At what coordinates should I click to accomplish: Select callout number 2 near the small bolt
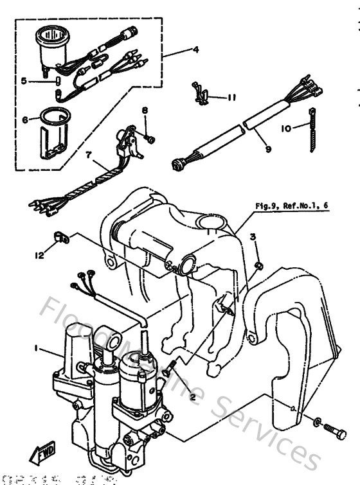click(191, 396)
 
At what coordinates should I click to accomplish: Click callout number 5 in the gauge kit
click(24, 81)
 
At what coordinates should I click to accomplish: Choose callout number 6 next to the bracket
click(25, 120)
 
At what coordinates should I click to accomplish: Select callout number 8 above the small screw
click(145, 111)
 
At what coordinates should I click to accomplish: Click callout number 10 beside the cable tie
click(285, 128)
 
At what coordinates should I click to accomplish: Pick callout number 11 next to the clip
click(231, 97)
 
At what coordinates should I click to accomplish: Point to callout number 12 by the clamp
click(40, 255)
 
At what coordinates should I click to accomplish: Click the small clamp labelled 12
click(62, 238)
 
